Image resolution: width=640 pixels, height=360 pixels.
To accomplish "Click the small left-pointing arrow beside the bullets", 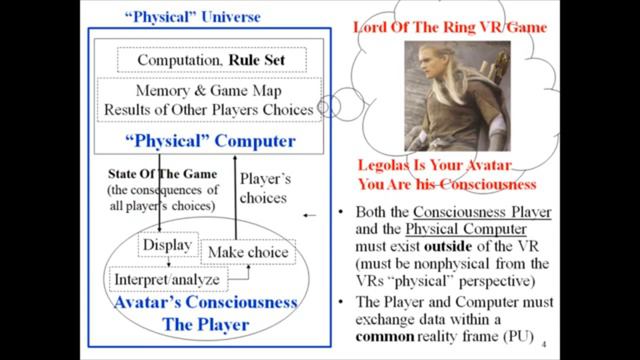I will pyautogui.click(x=309, y=215).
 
